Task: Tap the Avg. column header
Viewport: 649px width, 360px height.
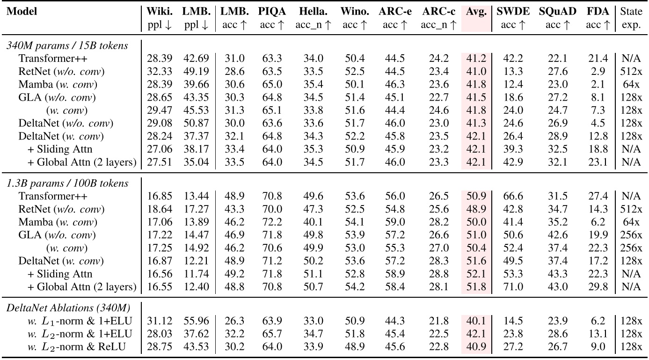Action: [476, 12]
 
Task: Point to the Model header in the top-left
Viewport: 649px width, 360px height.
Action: [22, 12]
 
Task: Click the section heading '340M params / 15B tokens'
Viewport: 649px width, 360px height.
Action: [67, 45]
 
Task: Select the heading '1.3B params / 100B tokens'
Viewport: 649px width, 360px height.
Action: [67, 183]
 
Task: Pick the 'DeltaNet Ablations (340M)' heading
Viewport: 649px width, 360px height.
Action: [68, 308]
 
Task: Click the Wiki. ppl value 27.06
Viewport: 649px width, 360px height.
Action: [160, 149]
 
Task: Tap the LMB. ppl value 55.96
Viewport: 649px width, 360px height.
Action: [196, 321]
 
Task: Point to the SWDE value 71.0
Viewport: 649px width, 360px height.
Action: [513, 287]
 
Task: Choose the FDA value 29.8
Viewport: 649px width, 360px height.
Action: [598, 287]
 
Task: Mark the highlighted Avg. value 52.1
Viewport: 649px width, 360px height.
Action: [476, 274]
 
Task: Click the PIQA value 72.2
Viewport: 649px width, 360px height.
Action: [272, 222]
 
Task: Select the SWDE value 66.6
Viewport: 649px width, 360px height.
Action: [513, 196]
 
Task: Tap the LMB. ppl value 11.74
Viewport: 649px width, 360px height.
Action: [196, 274]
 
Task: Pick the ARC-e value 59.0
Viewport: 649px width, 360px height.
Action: [394, 222]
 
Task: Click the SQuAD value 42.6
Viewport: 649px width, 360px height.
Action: [557, 235]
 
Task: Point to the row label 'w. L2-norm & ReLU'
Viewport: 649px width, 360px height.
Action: [76, 347]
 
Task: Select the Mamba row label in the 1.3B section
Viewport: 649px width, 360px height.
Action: [58, 222]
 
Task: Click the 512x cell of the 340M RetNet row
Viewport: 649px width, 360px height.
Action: [631, 71]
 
